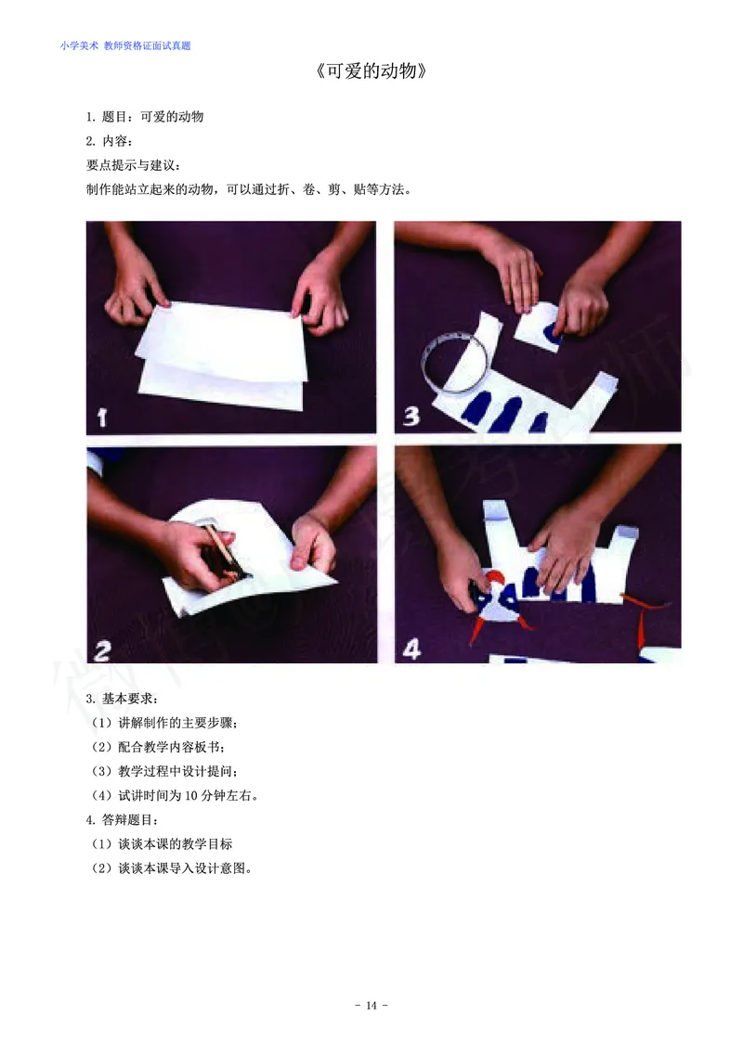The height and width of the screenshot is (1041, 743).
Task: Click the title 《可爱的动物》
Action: coord(371,72)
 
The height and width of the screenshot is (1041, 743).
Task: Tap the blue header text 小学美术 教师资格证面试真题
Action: coord(125,45)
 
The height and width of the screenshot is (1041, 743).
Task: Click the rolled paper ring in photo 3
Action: coord(452,366)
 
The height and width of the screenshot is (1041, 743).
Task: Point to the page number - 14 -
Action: coord(371,1006)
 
